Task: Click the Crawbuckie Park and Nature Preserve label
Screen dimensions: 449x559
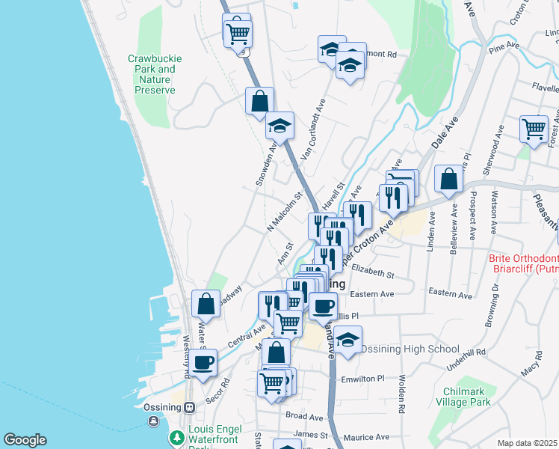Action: click(x=155, y=74)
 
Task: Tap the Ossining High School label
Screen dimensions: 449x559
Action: click(x=410, y=349)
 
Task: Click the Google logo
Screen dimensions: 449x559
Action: click(x=25, y=440)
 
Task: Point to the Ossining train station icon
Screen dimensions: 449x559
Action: click(x=190, y=408)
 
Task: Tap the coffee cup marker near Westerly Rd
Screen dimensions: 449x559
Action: click(x=203, y=363)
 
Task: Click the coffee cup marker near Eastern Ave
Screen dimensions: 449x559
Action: click(x=324, y=305)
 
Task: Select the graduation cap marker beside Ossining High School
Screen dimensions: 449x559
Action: click(x=348, y=340)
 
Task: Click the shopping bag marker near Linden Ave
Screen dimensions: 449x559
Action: click(x=448, y=179)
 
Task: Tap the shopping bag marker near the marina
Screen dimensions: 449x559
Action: click(x=206, y=304)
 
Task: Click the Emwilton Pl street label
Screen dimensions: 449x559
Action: click(x=362, y=379)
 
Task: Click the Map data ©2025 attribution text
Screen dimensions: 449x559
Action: click(x=527, y=443)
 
